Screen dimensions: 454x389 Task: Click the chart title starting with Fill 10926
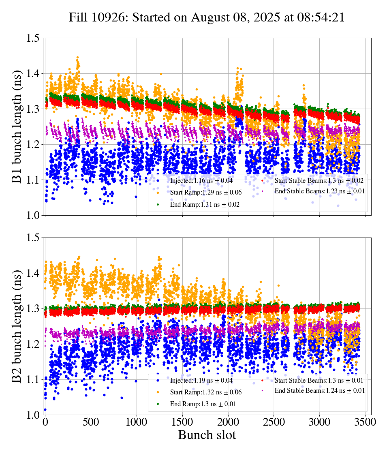click(x=207, y=17)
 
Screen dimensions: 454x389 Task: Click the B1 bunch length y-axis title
click(x=17, y=126)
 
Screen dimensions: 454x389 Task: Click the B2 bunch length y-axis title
click(x=17, y=326)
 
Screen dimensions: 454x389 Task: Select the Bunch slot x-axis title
click(x=207, y=435)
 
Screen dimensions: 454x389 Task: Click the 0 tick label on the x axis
click(x=45, y=422)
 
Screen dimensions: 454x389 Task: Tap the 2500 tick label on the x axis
click(x=274, y=422)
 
